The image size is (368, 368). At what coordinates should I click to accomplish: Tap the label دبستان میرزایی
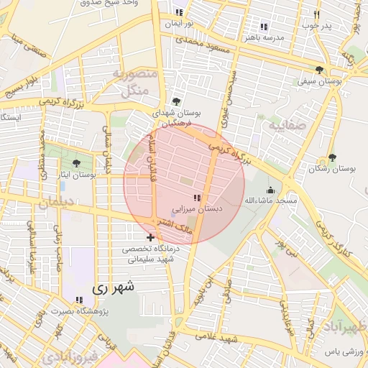point(196,208)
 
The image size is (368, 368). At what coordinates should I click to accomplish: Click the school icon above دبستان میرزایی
point(197,198)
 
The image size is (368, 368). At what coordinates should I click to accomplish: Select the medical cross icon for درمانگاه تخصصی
point(149,237)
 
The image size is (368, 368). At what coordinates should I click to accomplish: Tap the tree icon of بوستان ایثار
point(77,164)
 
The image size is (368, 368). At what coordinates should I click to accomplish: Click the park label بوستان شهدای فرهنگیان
point(177,119)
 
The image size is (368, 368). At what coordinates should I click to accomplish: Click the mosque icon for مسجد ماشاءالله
point(270,190)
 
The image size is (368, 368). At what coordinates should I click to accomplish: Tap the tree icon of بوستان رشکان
point(331,157)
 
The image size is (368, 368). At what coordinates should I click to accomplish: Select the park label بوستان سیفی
point(318,82)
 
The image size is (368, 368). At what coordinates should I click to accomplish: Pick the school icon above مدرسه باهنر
point(264,27)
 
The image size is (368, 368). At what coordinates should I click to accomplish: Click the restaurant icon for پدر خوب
point(316,15)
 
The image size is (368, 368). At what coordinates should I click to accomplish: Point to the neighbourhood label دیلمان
point(57,203)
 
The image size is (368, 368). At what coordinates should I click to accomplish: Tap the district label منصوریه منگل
point(130,82)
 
